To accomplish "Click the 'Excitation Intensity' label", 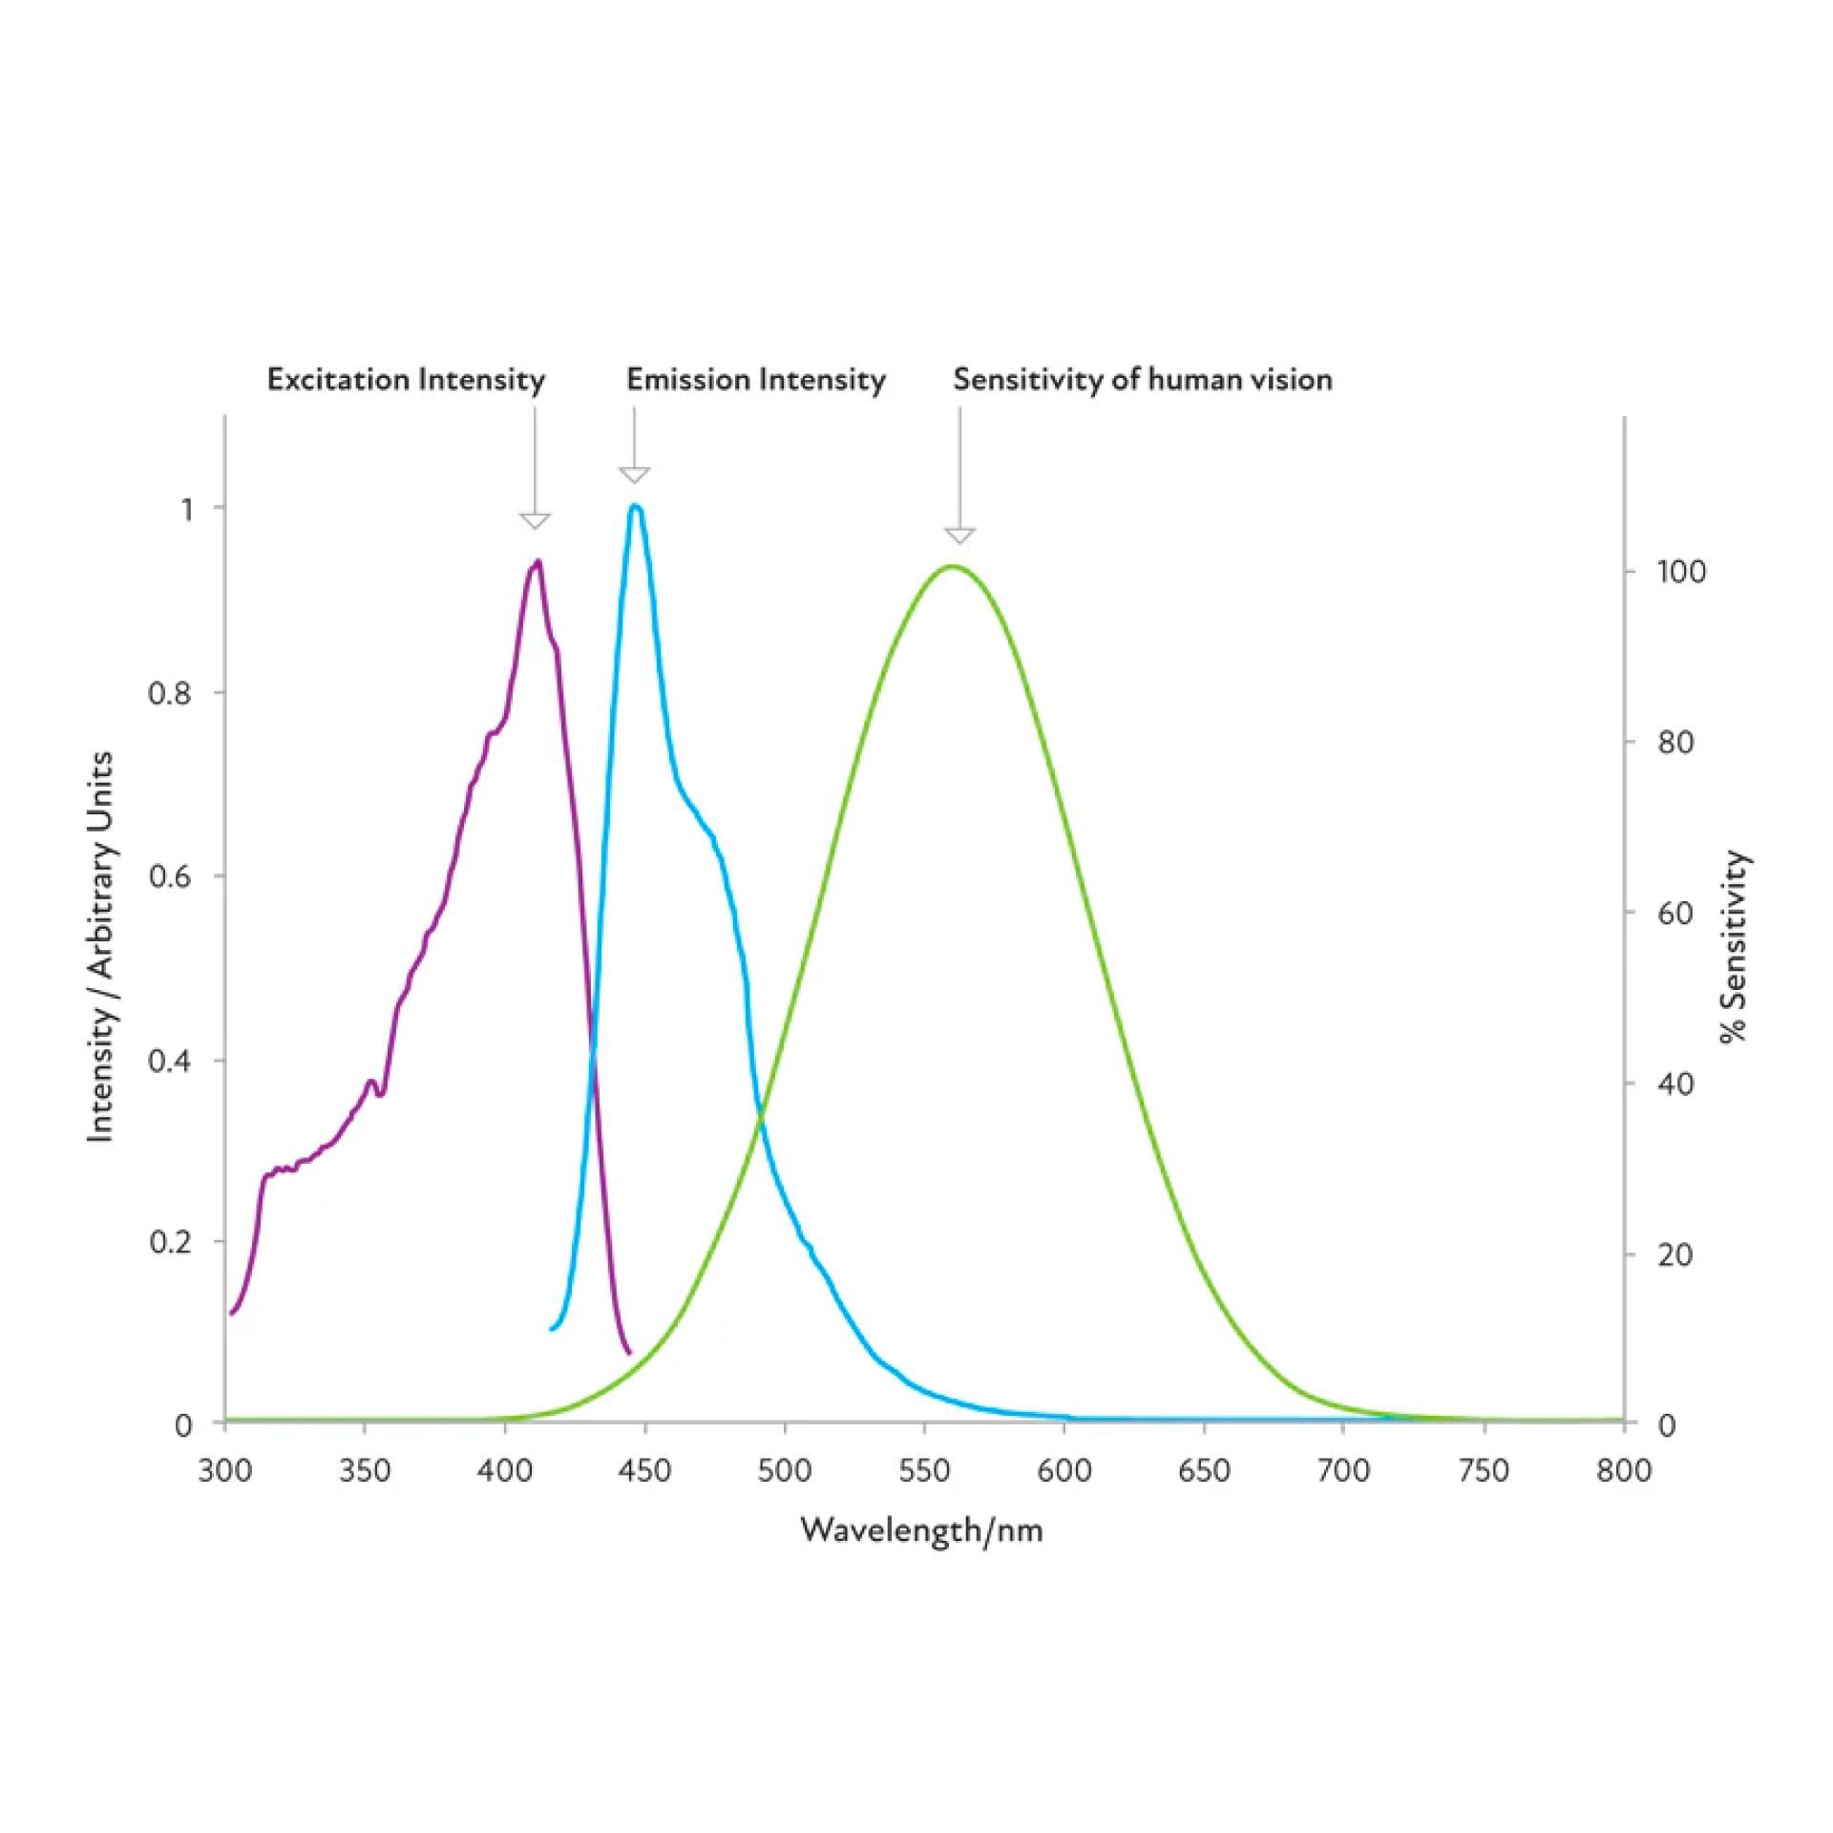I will point(406,380).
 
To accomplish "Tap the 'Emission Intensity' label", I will point(755,380).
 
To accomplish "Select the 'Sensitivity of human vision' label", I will point(1142,380).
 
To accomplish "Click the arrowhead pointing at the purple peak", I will point(535,520).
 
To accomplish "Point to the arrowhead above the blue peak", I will point(635,474).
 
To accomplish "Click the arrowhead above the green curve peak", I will point(959,535).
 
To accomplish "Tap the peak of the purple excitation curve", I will point(538,561).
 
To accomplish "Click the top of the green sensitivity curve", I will point(952,566).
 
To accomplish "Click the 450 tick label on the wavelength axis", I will point(644,1471).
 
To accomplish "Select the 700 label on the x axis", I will point(1343,1471).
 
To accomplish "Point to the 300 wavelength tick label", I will point(225,1471).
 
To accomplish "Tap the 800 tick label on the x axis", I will point(1623,1471).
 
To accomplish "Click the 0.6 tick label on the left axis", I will point(170,876).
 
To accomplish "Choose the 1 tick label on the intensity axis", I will point(187,509).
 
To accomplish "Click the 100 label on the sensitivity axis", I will point(1680,572).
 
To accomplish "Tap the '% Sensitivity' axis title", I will point(1734,947).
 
